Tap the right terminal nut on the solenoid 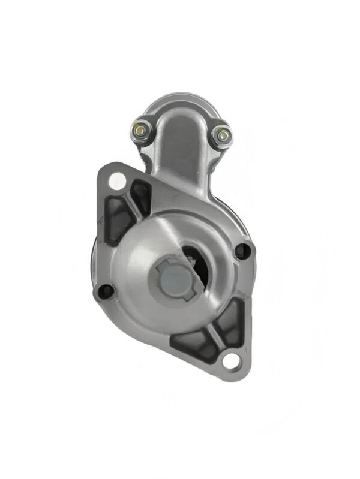tap(223, 135)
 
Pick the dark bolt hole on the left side tap(106, 291)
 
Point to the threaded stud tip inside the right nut tap(223, 135)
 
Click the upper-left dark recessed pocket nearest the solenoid tap(141, 195)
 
